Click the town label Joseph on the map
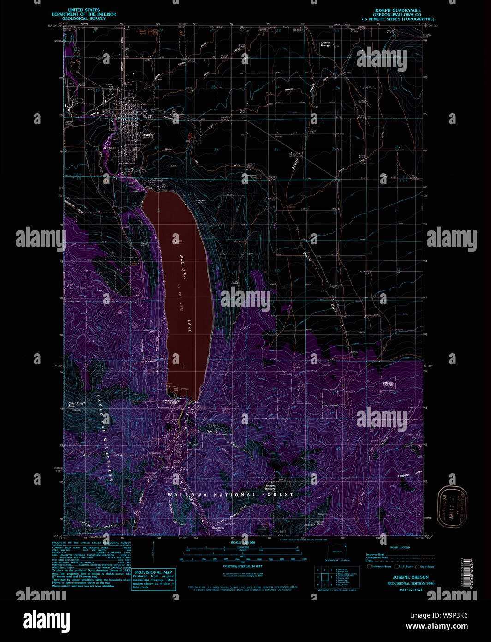(x=147, y=135)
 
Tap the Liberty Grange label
(x=325, y=44)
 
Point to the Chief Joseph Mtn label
(x=77, y=405)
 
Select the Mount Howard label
(x=270, y=486)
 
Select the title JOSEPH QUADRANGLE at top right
(x=397, y=10)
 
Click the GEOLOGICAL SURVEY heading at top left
(x=84, y=19)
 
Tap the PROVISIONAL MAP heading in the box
(x=153, y=572)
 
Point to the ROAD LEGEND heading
(x=400, y=547)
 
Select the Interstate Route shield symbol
(x=369, y=566)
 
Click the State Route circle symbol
(x=417, y=566)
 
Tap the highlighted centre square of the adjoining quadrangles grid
(x=324, y=577)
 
